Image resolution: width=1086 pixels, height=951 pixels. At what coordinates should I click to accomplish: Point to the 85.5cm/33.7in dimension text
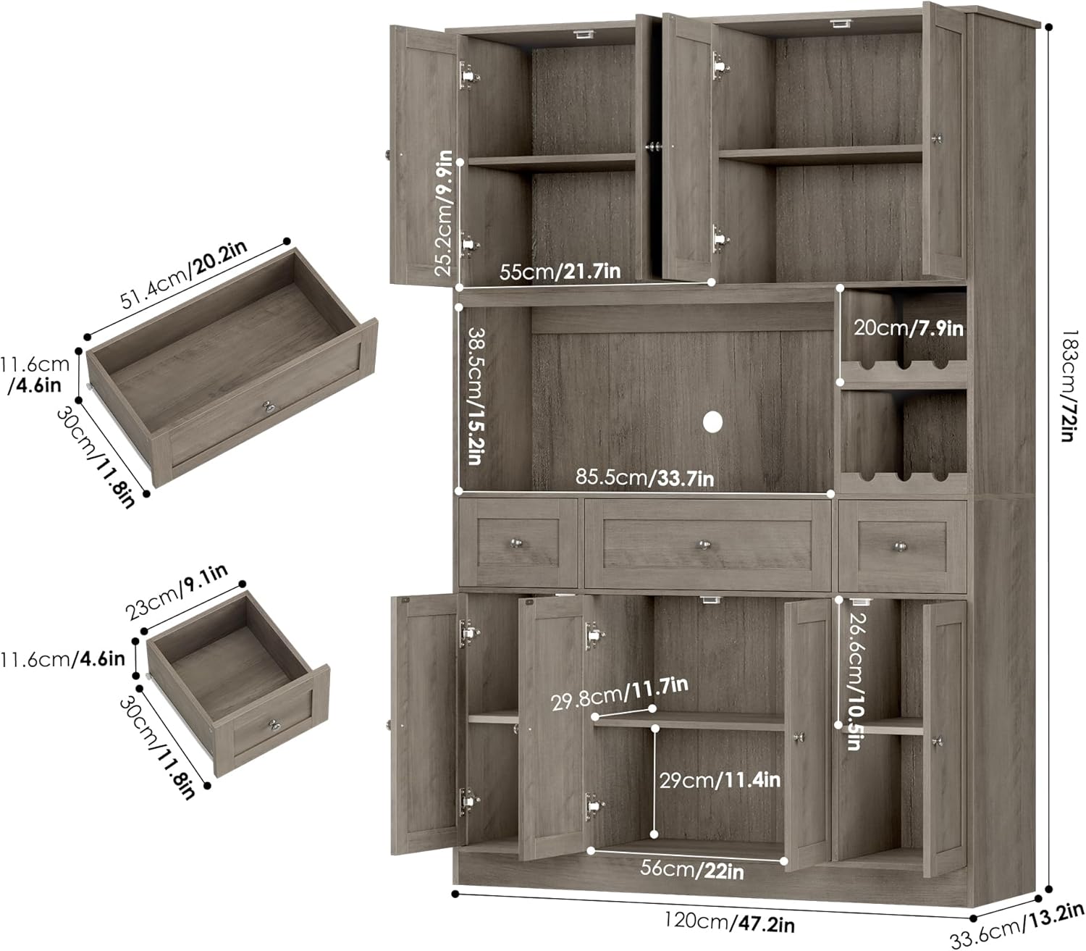(644, 477)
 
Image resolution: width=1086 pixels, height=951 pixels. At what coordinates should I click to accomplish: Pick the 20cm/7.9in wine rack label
(909, 328)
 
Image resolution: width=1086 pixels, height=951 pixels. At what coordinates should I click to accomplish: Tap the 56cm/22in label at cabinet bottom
(692, 870)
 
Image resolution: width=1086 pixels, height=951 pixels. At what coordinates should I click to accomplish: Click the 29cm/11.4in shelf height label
(720, 780)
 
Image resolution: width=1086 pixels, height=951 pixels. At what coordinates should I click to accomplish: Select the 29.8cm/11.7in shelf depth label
(620, 694)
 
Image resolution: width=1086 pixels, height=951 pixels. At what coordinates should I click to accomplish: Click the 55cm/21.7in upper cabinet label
(560, 272)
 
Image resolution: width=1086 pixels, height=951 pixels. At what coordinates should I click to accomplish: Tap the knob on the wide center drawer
(704, 545)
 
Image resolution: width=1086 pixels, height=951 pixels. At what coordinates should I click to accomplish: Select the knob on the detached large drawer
(271, 409)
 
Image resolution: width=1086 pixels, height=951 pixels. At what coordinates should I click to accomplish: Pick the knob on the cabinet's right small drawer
(901, 545)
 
